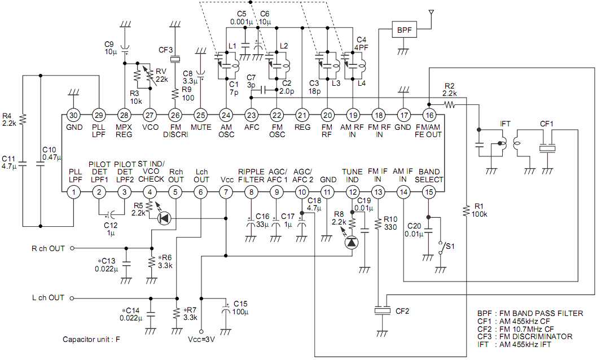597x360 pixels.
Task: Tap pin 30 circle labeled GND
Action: (x=73, y=115)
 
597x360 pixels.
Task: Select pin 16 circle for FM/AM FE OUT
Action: (x=429, y=115)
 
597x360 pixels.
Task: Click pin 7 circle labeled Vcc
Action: (x=226, y=192)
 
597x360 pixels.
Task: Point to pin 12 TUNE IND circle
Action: (x=352, y=192)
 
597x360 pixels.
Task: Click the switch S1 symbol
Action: (x=441, y=247)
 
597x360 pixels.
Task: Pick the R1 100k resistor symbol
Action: (x=466, y=210)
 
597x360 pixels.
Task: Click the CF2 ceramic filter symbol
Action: (x=383, y=311)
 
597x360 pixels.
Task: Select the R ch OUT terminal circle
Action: (x=72, y=248)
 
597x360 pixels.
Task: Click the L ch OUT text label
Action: (x=49, y=297)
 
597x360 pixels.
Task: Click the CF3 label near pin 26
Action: (x=166, y=50)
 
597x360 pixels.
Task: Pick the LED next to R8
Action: (x=352, y=242)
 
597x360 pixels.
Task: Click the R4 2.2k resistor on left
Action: (x=23, y=119)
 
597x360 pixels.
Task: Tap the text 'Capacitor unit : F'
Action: (x=93, y=339)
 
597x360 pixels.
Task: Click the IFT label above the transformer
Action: (x=506, y=123)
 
